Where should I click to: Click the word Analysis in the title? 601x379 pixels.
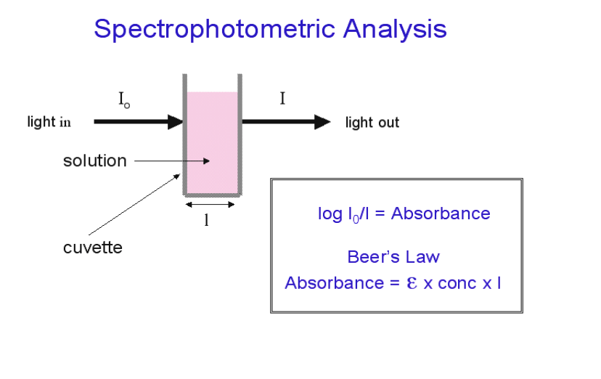(395, 30)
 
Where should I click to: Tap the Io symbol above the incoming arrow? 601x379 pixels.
(124, 100)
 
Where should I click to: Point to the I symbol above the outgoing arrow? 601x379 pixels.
(282, 99)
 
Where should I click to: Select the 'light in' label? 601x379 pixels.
(49, 122)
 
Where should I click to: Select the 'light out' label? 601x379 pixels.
(372, 123)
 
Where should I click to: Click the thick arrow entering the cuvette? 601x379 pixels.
(138, 122)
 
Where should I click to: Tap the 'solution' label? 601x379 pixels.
(94, 160)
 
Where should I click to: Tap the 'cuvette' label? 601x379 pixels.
(93, 248)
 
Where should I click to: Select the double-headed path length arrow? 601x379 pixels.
(211, 205)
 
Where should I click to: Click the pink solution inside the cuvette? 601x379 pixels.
(212, 138)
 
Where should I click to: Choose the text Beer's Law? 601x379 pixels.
(393, 257)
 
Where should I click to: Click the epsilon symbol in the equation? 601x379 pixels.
(411, 282)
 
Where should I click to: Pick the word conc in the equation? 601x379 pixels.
(457, 283)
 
